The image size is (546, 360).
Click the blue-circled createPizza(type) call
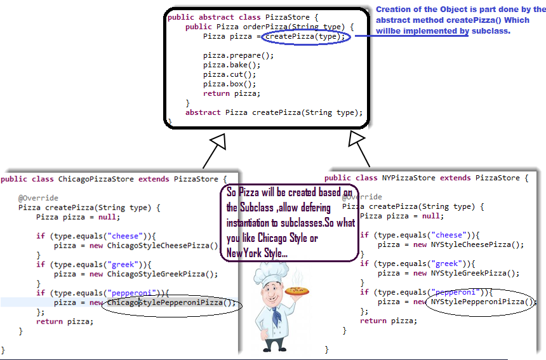click(x=306, y=36)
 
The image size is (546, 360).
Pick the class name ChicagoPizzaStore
click(x=95, y=179)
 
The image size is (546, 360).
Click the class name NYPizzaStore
click(x=407, y=178)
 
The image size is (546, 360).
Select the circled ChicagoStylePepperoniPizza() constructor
click(x=170, y=303)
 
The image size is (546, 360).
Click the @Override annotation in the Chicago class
click(x=38, y=198)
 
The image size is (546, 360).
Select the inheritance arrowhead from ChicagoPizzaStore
click(x=219, y=142)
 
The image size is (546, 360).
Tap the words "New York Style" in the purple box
click(x=254, y=253)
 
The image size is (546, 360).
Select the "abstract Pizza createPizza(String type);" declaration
click(x=274, y=112)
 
